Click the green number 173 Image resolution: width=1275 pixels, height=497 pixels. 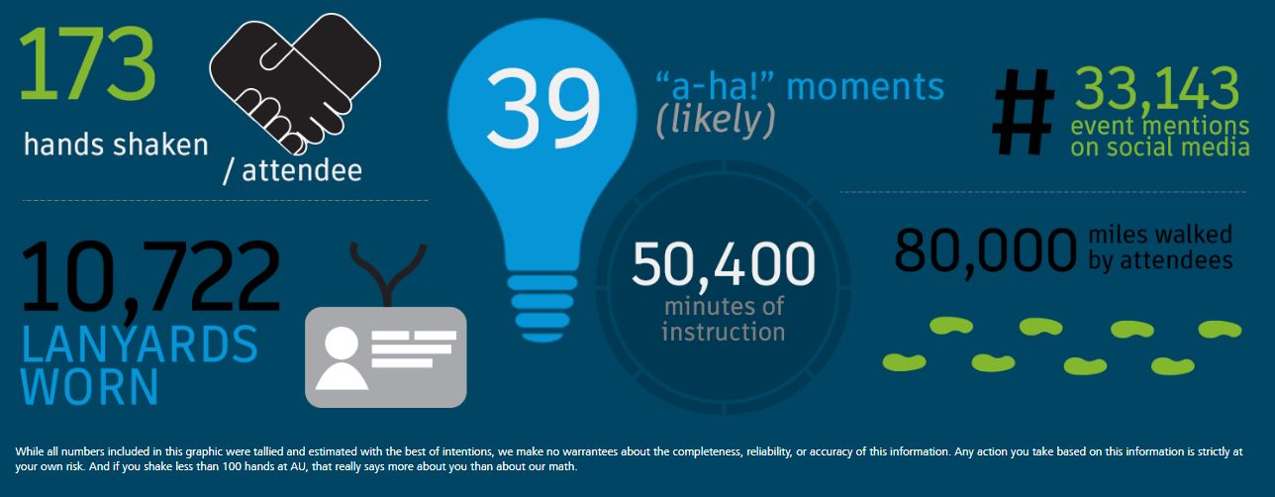pos(87,63)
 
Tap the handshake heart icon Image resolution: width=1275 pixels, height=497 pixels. pos(295,83)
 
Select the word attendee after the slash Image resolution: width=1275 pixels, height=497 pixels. pos(302,170)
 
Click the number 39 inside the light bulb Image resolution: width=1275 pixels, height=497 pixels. pos(543,108)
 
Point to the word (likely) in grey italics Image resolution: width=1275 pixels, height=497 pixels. pos(716,120)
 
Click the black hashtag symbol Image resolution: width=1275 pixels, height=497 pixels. pos(1023,112)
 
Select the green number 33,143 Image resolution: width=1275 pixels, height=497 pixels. pos(1156,88)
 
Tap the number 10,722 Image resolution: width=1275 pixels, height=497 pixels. pos(150,276)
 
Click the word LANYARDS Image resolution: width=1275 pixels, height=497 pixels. pos(140,345)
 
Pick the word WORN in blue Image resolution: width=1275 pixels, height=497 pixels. pos(90,387)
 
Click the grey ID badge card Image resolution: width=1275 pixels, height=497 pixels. pos(386,357)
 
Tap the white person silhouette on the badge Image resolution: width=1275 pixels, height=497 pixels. pos(342,358)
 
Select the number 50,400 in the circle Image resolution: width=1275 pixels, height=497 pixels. pos(724,264)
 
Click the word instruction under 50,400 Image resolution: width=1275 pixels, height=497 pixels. pos(724,332)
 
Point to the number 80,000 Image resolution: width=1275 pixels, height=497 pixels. pos(985,251)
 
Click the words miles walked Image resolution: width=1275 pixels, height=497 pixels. pos(1160,235)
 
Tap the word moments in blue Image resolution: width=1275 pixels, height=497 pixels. pos(865,87)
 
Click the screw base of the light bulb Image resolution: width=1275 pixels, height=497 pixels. pos(542,308)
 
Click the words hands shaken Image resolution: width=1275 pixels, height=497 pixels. pos(116,145)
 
